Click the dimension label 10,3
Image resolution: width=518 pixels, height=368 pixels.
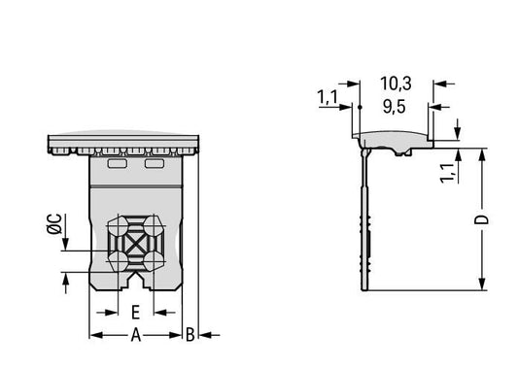[396, 84]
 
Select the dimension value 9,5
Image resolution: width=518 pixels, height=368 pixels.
[395, 107]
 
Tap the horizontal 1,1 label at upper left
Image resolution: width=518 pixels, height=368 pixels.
[328, 97]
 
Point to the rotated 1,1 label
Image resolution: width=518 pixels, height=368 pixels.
[448, 173]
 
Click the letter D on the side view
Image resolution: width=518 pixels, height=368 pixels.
[482, 219]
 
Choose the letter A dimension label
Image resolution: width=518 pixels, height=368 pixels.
[136, 335]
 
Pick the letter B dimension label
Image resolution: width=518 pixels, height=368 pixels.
[190, 335]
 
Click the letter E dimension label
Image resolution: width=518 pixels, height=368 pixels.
[135, 313]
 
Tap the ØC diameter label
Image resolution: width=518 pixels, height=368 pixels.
[54, 224]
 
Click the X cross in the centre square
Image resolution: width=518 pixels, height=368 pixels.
[135, 244]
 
